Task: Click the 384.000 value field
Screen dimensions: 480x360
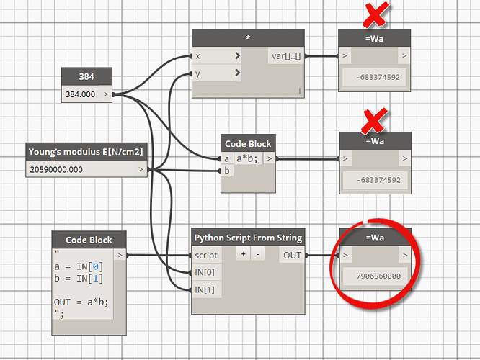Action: tap(80, 94)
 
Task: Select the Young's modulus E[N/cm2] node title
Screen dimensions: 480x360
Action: tap(86, 152)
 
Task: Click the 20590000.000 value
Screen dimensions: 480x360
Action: tap(56, 169)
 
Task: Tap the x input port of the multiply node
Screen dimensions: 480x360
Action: tap(216, 56)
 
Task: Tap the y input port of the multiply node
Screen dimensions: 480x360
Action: tap(216, 73)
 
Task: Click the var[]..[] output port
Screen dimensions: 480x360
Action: tap(286, 56)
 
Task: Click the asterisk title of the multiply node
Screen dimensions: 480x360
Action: tap(248, 37)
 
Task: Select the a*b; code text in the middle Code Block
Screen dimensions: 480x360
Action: tap(247, 158)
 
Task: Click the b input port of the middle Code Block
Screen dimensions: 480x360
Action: tap(227, 171)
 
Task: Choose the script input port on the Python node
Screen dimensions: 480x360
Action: tap(206, 255)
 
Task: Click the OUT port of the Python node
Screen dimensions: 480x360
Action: tap(292, 255)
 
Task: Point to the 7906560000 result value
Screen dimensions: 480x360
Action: tap(378, 276)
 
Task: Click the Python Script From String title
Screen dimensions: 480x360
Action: tap(248, 238)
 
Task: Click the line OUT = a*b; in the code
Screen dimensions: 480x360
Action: tap(81, 302)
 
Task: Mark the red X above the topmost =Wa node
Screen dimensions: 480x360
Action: tap(375, 14)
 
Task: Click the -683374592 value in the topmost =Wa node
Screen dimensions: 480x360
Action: tap(378, 77)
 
